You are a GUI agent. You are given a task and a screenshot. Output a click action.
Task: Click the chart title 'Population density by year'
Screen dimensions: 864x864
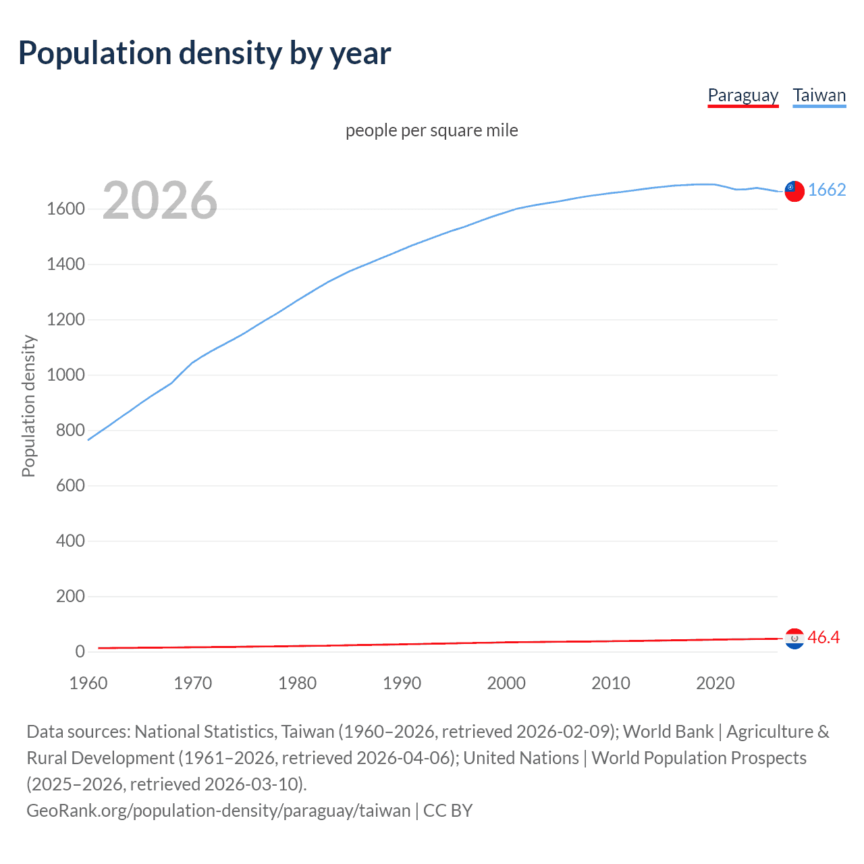pos(205,53)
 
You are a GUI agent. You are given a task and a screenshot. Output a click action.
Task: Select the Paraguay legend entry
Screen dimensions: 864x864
pos(742,95)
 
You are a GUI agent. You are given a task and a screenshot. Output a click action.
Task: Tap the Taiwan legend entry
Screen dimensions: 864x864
pos(819,95)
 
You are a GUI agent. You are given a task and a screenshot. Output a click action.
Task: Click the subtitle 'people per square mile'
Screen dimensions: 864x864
pos(432,130)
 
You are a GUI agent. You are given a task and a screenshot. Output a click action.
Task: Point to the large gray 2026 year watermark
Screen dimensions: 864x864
pos(160,200)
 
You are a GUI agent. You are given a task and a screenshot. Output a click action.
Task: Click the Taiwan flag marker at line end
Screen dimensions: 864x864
pos(794,191)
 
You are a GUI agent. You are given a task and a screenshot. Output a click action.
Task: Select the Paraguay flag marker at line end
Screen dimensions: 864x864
pos(794,638)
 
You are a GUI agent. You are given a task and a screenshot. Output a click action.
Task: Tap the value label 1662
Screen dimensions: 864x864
pos(827,190)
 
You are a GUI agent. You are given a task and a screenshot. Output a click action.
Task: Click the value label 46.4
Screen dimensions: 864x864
pos(823,637)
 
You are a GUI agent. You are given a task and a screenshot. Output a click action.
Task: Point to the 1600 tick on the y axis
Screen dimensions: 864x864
pos(65,209)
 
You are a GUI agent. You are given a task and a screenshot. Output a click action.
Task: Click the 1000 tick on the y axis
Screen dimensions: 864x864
pos(65,375)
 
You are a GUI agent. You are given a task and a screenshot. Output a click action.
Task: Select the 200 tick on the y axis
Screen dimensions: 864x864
pos(70,597)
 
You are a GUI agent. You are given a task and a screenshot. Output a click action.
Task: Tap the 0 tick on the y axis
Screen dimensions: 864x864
pos(80,652)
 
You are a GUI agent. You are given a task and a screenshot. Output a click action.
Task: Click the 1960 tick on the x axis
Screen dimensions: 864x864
pos(88,683)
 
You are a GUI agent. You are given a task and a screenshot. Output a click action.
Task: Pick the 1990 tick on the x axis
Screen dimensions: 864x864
pos(402,683)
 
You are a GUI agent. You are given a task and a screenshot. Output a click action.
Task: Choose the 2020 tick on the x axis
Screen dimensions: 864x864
pos(715,683)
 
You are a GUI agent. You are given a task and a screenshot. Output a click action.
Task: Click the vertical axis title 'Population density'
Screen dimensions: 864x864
pos(28,406)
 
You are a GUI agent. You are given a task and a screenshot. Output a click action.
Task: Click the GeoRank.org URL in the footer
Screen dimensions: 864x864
pos(218,810)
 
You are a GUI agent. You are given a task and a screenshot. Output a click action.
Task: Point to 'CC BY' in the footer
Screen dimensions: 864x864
pos(448,810)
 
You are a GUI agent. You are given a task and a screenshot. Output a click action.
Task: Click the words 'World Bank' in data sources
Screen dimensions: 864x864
pos(668,732)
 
